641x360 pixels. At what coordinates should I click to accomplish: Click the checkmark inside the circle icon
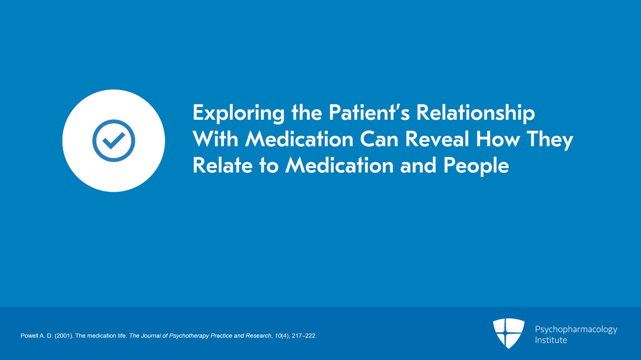click(x=114, y=141)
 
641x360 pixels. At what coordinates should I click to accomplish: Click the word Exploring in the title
click(x=238, y=113)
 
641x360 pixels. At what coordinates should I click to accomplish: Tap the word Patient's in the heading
click(x=369, y=113)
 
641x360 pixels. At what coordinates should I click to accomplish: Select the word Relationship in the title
click(x=475, y=113)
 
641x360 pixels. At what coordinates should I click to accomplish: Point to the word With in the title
click(x=215, y=139)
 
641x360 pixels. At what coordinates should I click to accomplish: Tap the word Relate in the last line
click(x=222, y=165)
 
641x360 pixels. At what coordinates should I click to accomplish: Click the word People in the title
click(x=476, y=166)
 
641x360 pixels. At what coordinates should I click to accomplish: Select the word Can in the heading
click(x=379, y=139)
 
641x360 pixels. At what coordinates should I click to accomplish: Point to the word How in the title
click(x=498, y=139)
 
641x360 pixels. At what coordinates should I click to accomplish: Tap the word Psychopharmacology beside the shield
click(x=576, y=329)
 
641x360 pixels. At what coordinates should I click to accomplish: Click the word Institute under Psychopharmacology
click(x=551, y=340)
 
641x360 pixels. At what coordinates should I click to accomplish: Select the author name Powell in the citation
click(x=29, y=336)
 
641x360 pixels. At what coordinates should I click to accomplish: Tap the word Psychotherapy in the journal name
click(x=189, y=336)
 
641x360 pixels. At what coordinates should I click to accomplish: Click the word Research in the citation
click(x=259, y=336)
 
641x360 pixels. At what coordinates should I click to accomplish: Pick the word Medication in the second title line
click(x=299, y=139)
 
